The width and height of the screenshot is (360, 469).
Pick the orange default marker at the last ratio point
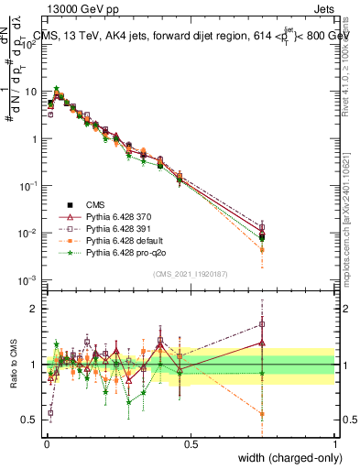pos(262,414)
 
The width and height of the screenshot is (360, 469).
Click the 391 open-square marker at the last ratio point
pos(262,323)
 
